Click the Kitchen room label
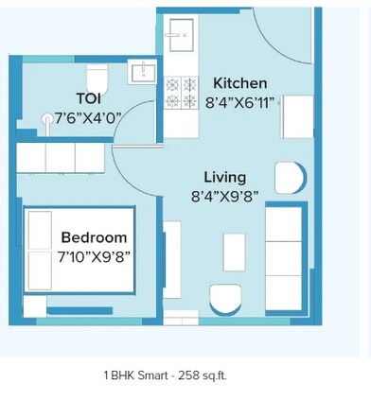(x=239, y=83)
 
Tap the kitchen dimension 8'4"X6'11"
(x=239, y=101)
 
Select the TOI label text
(x=89, y=97)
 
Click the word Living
(x=224, y=177)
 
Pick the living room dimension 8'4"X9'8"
(x=224, y=196)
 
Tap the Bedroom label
(x=94, y=237)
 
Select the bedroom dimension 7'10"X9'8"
(x=94, y=255)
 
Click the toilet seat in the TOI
(x=97, y=76)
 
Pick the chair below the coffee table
(x=226, y=300)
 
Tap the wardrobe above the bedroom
(x=60, y=157)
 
